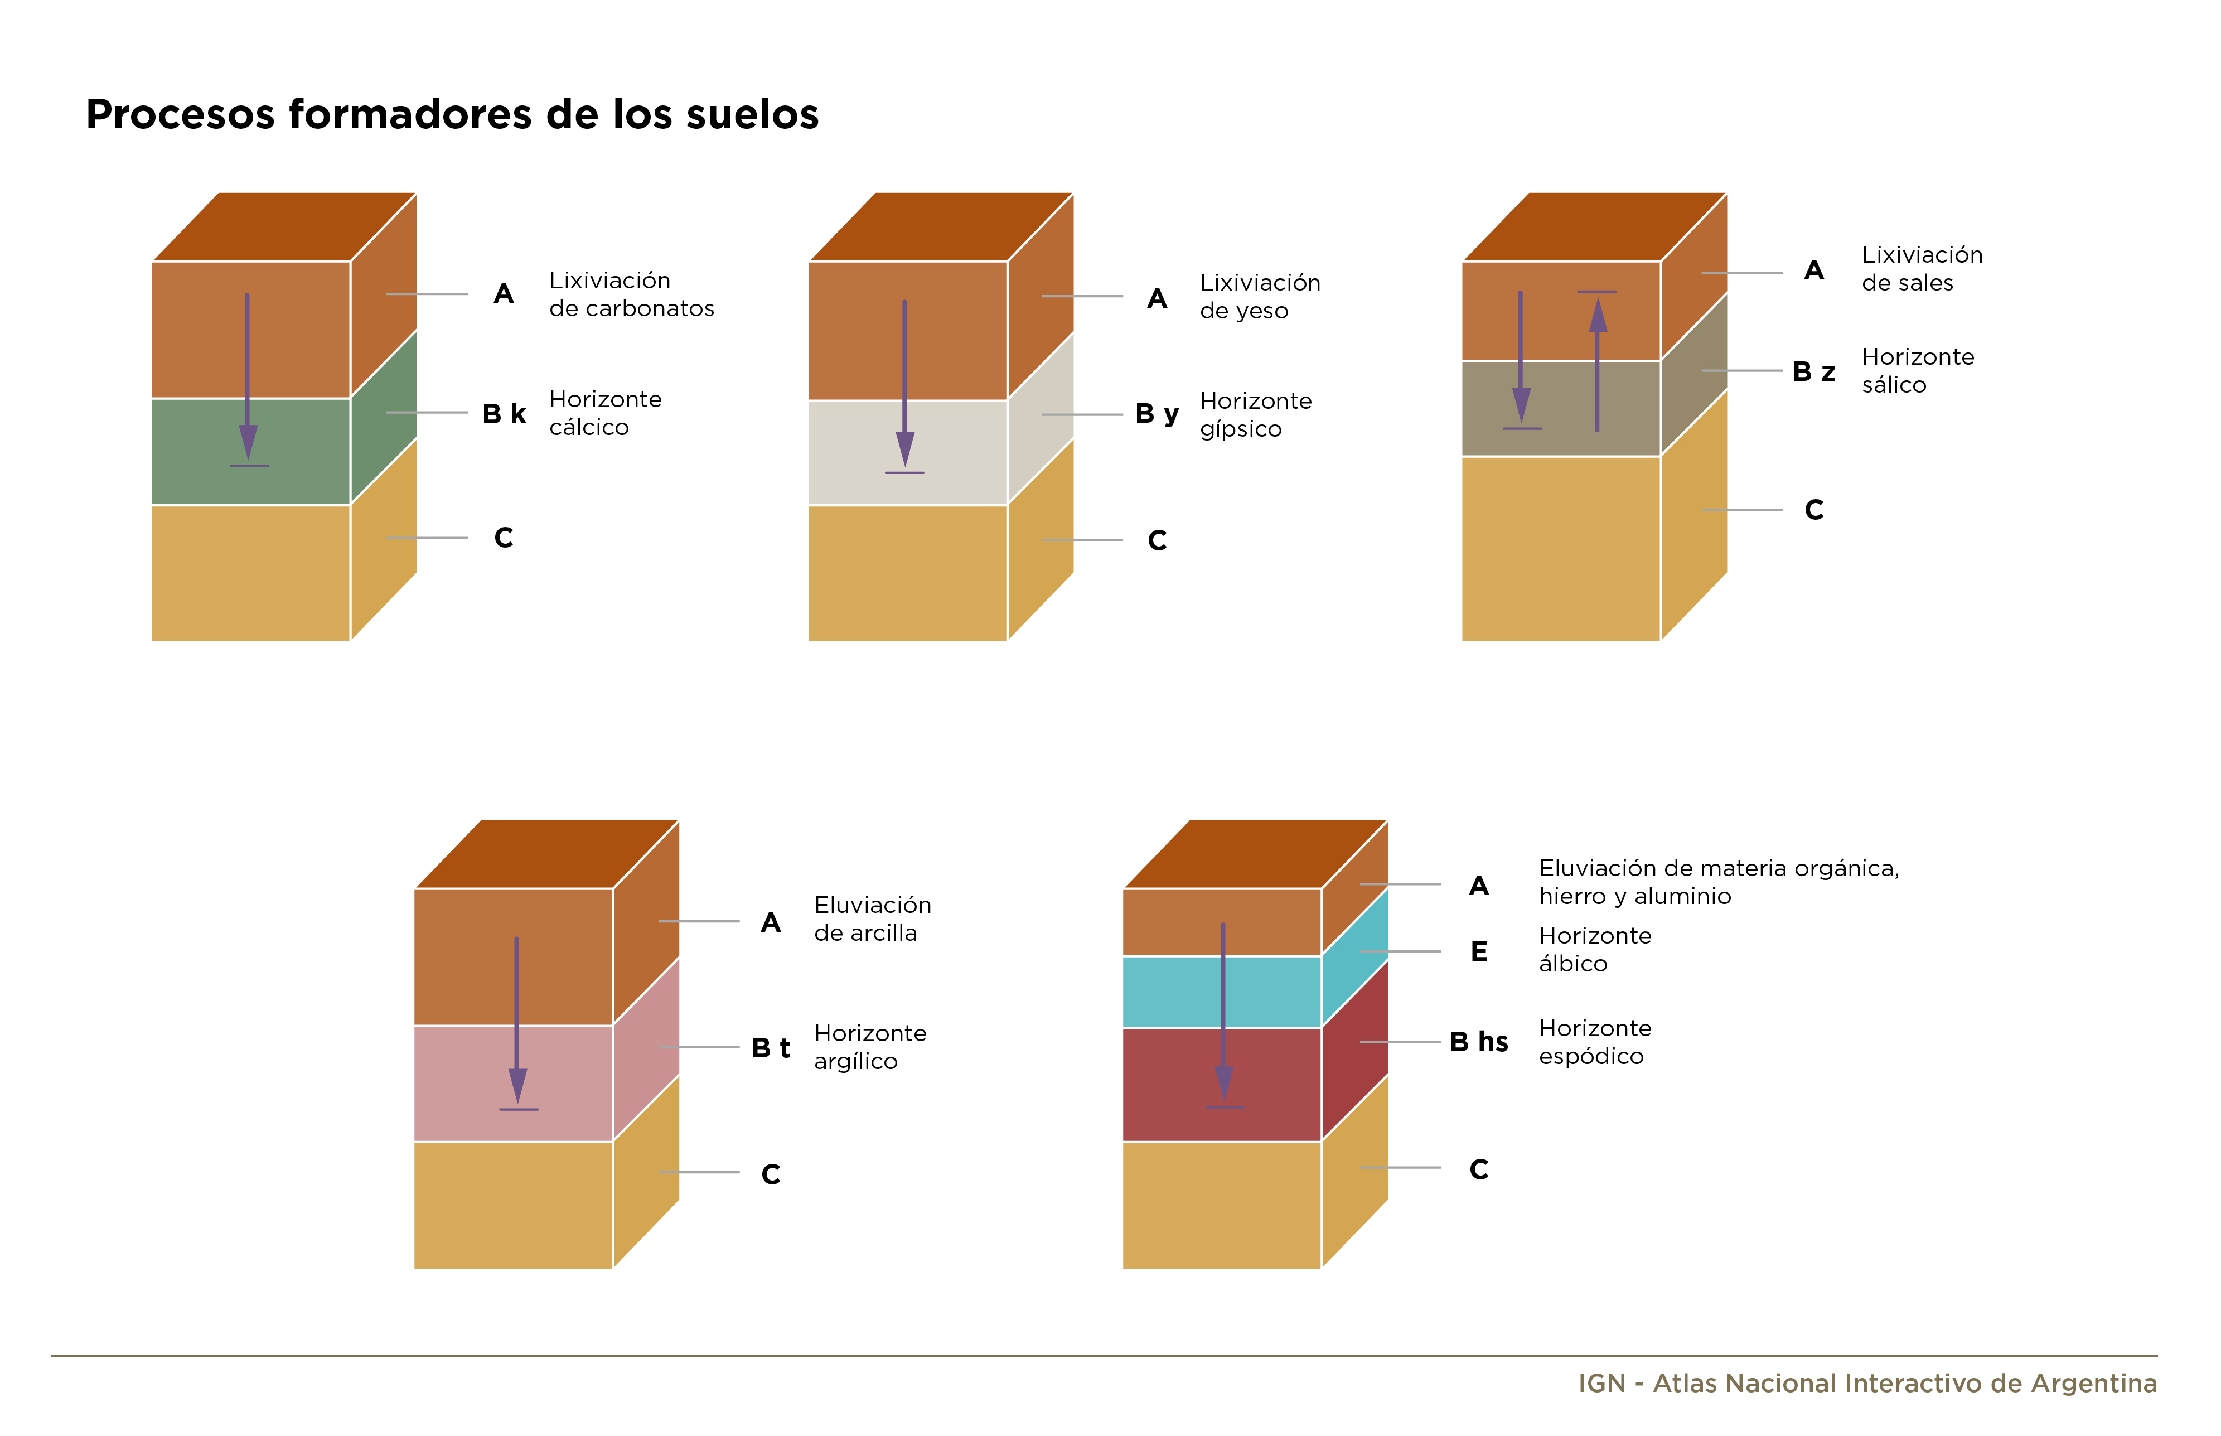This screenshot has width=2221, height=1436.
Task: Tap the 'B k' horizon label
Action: tap(504, 413)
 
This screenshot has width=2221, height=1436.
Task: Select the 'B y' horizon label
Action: tap(1157, 414)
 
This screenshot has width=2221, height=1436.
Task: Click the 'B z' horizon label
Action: tap(1813, 371)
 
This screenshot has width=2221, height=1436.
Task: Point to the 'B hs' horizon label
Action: tap(1479, 1042)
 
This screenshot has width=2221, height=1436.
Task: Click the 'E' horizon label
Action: tap(1479, 951)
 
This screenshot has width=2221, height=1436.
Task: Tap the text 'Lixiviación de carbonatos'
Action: tap(631, 294)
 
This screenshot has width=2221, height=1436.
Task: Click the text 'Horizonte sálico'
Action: tap(1918, 371)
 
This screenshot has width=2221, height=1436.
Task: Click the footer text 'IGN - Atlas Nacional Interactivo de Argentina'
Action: tap(1867, 1383)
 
